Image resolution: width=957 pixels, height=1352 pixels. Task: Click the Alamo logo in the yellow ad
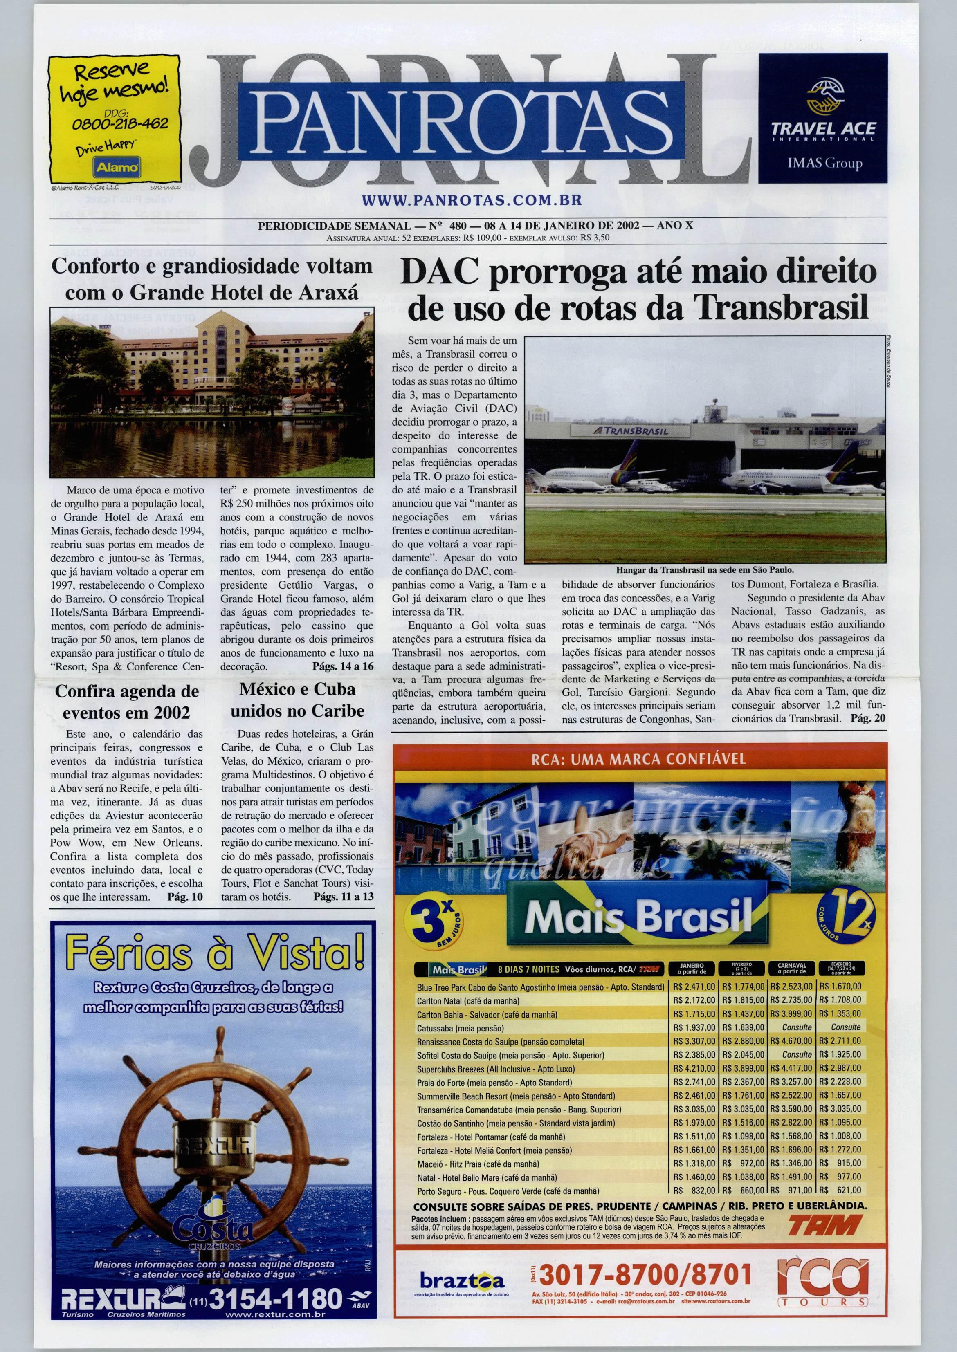(117, 167)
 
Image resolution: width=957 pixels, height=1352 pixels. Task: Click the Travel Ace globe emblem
(823, 97)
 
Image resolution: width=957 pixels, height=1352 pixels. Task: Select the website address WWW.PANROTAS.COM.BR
(472, 200)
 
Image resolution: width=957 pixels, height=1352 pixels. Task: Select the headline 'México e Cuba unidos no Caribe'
(297, 700)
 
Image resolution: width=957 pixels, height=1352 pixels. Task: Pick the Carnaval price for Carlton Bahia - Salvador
(791, 1014)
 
